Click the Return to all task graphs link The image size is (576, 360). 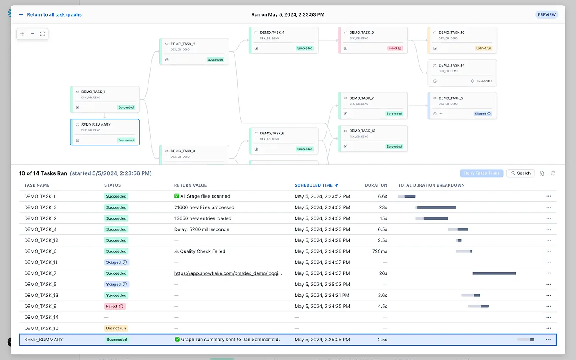click(54, 14)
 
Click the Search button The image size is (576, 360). click(520, 173)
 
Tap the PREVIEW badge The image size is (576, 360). click(546, 14)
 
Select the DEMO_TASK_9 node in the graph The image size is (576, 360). click(372, 40)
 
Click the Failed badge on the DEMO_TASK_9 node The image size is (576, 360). click(394, 48)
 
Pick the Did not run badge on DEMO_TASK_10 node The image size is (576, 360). click(484, 48)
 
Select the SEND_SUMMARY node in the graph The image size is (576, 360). click(105, 132)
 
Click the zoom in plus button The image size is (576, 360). click(22, 34)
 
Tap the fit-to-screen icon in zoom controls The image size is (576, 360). click(42, 34)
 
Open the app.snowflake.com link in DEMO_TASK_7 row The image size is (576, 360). click(228, 273)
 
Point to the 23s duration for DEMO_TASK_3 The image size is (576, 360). click(383, 207)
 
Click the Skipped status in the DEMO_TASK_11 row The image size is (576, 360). click(116, 262)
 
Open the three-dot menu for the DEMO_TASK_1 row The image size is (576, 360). click(548, 196)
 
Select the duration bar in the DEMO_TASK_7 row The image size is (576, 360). click(494, 273)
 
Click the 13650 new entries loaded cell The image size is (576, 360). click(203, 218)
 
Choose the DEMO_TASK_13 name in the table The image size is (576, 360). click(41, 296)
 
